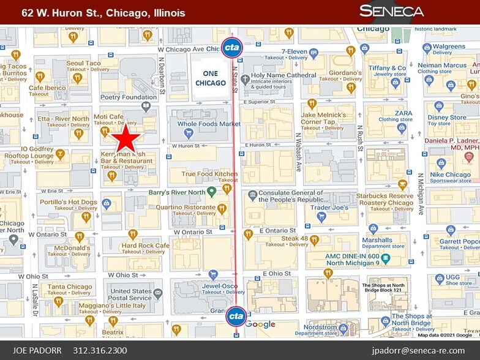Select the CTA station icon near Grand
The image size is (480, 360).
coord(236,317)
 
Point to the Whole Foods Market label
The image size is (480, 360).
coord(209,124)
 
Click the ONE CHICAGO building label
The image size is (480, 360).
coord(206,78)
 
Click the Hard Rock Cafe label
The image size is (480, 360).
coord(145,246)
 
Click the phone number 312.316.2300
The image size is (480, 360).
coord(100,350)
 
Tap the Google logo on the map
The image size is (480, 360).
coord(261,324)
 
